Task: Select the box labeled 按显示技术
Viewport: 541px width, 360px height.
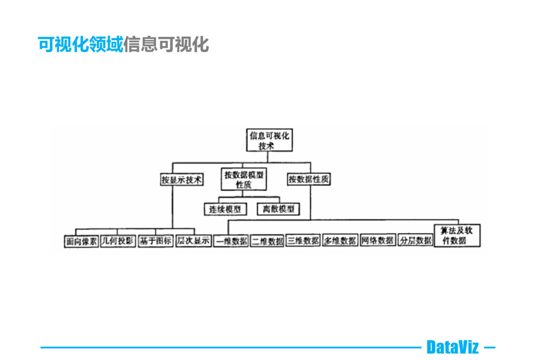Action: click(181, 180)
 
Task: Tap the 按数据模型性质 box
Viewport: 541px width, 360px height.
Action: click(244, 180)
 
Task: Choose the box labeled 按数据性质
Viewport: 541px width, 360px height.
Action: click(309, 180)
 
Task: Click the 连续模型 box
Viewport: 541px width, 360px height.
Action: click(225, 209)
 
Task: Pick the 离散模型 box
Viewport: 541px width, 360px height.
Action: click(278, 209)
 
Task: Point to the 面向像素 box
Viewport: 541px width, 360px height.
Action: click(81, 241)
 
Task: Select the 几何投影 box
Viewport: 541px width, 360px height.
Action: click(118, 241)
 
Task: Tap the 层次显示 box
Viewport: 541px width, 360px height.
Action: click(193, 241)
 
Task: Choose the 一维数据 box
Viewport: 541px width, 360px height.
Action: click(231, 241)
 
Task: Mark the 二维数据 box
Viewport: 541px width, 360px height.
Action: click(267, 241)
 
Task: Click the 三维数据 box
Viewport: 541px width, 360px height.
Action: click(304, 241)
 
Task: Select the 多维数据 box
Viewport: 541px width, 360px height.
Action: click(340, 241)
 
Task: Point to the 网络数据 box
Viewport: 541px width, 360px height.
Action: click(377, 241)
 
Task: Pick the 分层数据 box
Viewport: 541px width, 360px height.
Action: click(415, 241)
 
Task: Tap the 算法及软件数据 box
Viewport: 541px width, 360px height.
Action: click(458, 235)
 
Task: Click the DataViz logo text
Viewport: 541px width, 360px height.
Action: click(452, 347)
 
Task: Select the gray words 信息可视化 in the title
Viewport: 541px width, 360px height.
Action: click(166, 44)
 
